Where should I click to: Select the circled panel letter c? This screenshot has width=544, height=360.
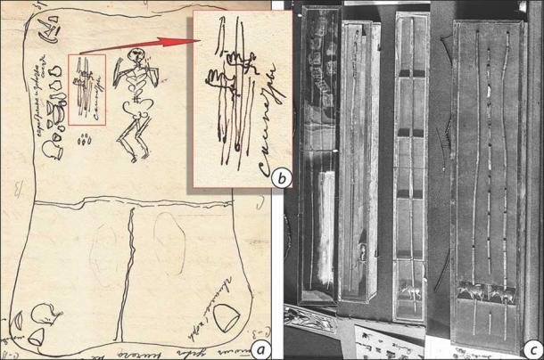coord(530,348)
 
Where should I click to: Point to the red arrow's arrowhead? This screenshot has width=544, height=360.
coord(188,39)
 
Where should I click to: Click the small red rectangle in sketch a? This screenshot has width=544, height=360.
coord(87,90)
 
